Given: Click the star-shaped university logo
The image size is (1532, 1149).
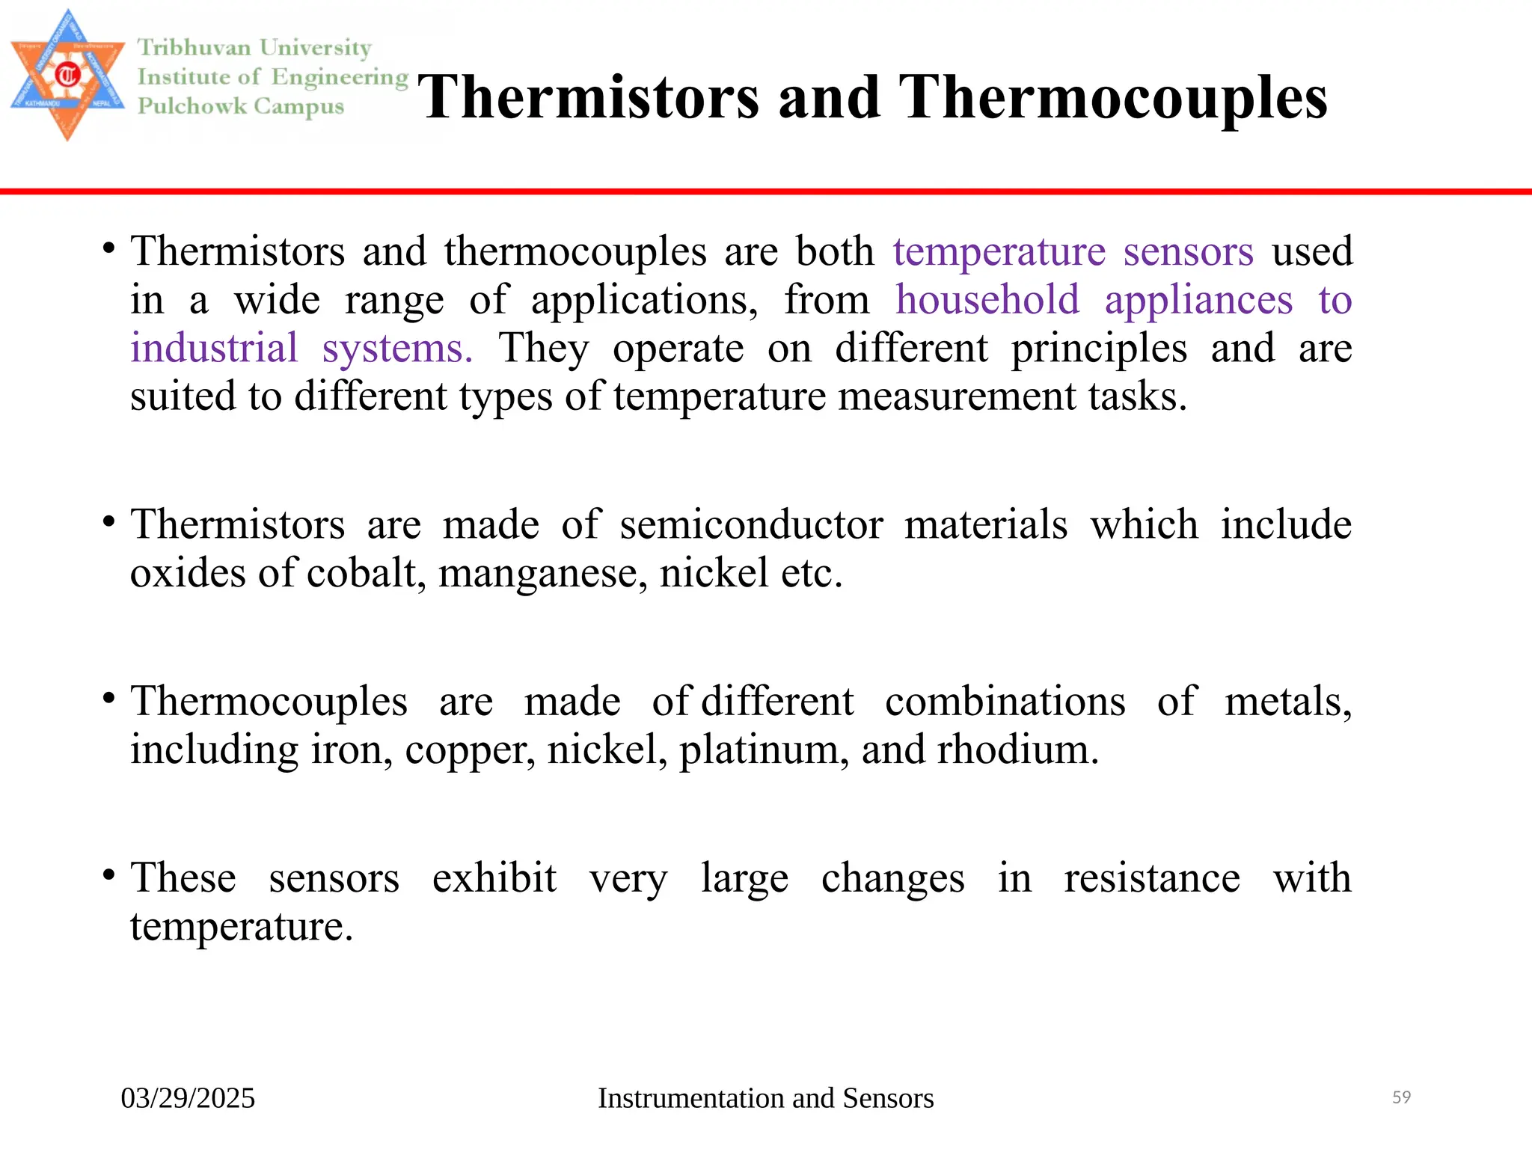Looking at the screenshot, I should tap(67, 75).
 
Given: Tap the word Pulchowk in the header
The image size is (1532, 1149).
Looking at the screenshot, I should tap(192, 106).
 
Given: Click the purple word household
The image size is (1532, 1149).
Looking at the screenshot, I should tap(987, 300).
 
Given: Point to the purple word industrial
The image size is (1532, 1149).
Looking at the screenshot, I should tap(214, 349).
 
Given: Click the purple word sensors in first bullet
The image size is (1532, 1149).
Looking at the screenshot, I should tap(1188, 251).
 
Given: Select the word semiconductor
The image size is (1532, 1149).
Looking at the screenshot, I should tap(751, 524).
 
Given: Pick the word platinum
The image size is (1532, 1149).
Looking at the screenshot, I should tap(759, 750).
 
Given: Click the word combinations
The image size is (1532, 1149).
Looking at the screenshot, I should tap(1005, 702).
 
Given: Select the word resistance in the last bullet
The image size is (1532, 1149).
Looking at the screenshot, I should tap(1151, 878).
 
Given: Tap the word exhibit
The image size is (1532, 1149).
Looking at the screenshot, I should tap(494, 878).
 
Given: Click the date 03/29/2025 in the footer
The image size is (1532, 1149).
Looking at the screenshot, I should tap(188, 1098).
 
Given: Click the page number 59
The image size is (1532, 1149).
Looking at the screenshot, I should tap(1401, 1097).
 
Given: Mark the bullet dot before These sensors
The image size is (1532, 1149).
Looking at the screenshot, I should tap(109, 874).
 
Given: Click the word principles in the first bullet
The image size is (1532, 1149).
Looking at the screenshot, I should tap(1098, 349).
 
